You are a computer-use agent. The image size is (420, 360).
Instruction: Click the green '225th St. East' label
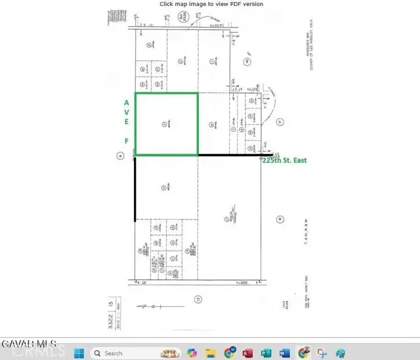284,160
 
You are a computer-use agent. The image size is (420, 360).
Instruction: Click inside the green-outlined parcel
166,124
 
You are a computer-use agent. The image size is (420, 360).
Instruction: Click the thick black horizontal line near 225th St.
230,155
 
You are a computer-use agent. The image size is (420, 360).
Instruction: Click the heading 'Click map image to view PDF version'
211,4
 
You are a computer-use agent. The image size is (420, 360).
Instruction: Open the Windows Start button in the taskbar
79,353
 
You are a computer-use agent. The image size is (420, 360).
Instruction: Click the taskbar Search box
125,353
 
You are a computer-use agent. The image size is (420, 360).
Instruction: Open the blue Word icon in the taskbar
283,353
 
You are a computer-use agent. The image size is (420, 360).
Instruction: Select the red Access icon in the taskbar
247,353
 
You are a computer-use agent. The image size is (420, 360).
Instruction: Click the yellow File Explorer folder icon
211,353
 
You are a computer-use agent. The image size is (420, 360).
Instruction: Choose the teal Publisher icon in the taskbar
265,353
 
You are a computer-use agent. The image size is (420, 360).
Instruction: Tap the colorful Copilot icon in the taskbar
192,353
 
